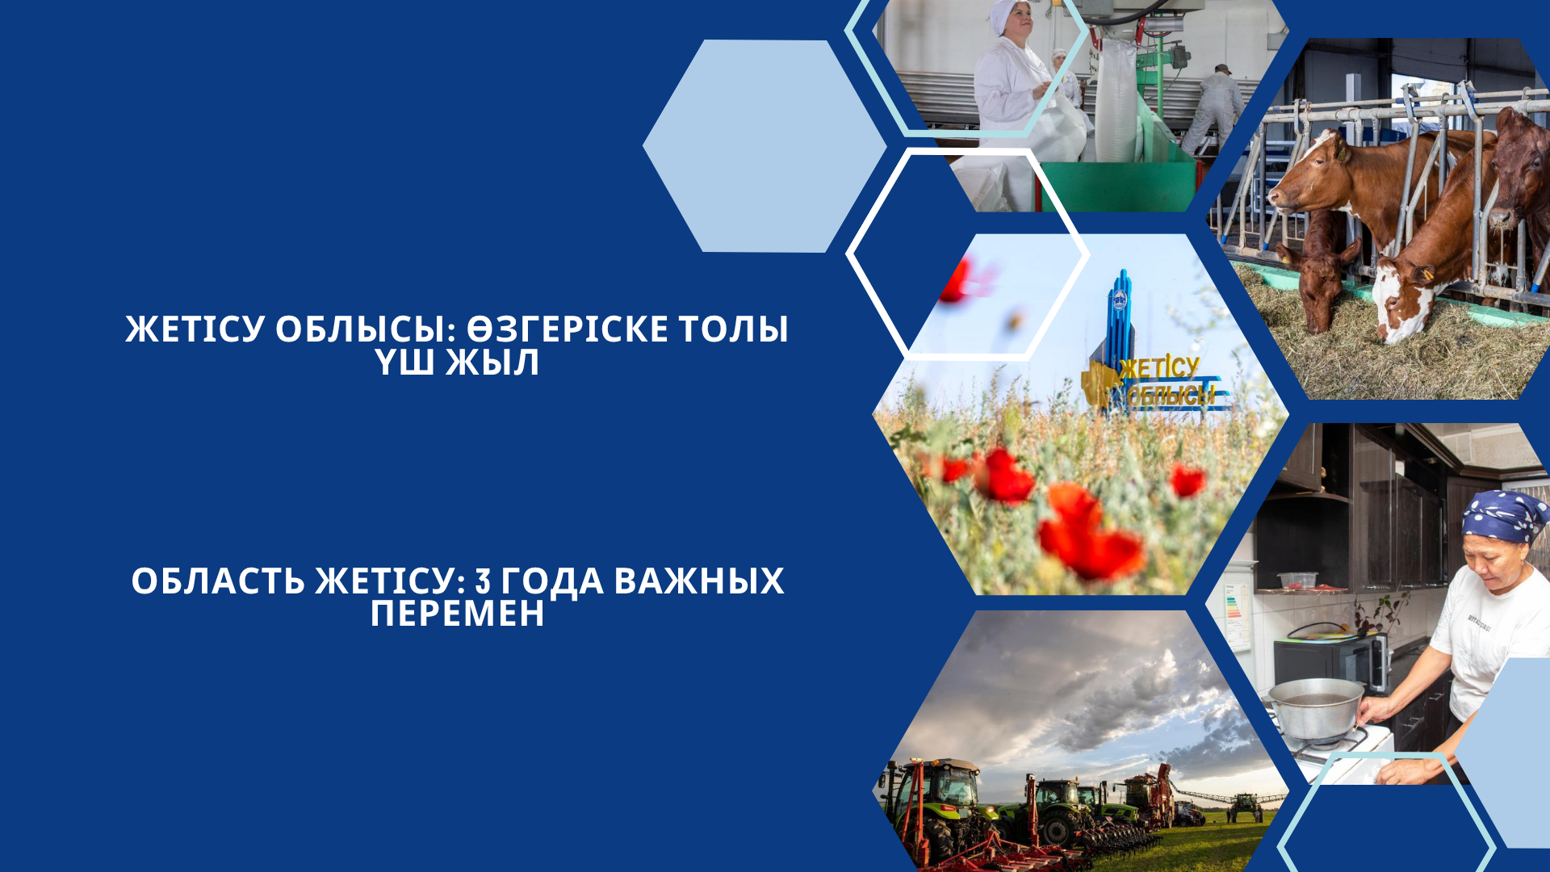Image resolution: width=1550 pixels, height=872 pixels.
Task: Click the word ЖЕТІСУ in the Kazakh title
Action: [195, 329]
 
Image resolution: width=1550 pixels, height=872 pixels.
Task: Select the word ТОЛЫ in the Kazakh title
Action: [733, 329]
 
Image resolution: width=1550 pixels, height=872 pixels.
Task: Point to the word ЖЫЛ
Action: [492, 363]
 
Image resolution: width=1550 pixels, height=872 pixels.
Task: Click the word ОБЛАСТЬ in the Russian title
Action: [218, 581]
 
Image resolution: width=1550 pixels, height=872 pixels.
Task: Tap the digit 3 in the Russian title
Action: [483, 581]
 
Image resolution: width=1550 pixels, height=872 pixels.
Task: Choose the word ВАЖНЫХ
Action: [699, 581]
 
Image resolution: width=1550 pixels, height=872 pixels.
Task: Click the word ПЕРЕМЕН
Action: [458, 614]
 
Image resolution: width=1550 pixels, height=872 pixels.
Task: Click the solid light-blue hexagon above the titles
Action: [764, 146]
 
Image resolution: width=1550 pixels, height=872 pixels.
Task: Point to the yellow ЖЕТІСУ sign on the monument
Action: [1159, 368]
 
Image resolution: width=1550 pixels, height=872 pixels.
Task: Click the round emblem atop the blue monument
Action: [1121, 301]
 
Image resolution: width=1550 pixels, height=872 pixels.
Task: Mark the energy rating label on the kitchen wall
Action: [1235, 614]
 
